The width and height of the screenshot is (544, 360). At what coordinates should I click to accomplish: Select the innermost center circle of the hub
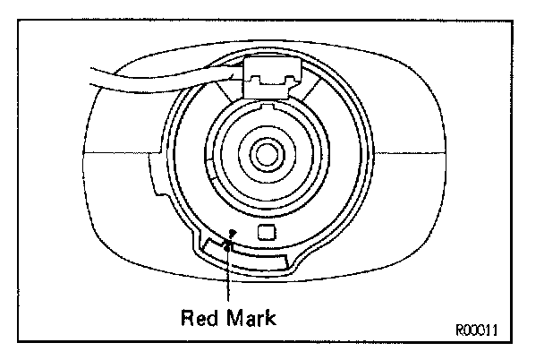coord(265,152)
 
